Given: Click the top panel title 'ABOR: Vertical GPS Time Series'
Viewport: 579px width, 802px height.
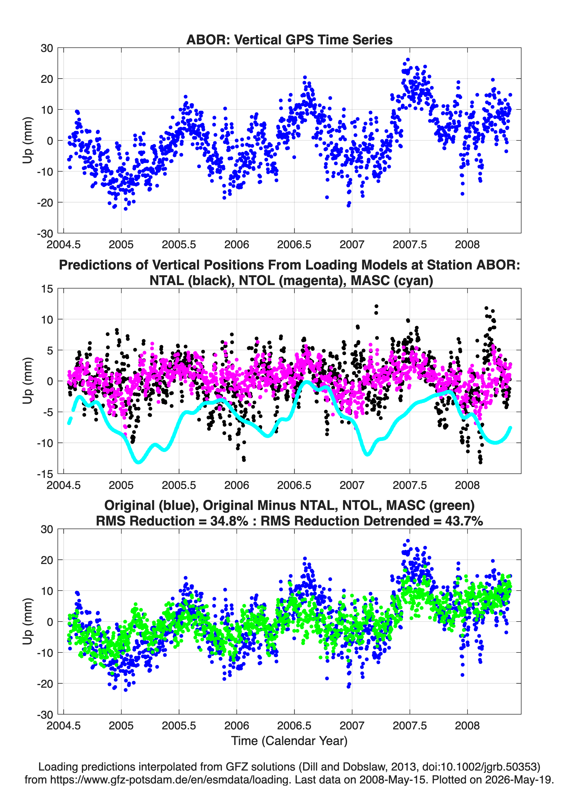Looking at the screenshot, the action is (x=289, y=40).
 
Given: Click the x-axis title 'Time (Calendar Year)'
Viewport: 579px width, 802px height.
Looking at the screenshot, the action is (x=289, y=740).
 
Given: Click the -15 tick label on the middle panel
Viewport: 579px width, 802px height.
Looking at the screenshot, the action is (x=45, y=474).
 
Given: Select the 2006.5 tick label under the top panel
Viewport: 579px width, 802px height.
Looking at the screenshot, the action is (x=294, y=244).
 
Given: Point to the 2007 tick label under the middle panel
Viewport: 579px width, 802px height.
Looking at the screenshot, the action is (x=352, y=485).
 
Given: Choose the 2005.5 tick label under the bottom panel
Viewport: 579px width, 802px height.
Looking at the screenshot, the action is (x=179, y=725).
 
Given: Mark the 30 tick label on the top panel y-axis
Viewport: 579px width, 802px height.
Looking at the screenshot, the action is (x=47, y=48).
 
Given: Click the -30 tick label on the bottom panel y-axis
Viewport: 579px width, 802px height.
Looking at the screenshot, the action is (x=45, y=714).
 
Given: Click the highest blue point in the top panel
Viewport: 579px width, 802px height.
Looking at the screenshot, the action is (x=408, y=60).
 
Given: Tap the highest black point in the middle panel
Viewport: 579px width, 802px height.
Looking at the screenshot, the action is (x=376, y=306).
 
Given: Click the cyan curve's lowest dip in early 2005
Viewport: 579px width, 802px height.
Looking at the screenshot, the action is (x=138, y=462).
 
